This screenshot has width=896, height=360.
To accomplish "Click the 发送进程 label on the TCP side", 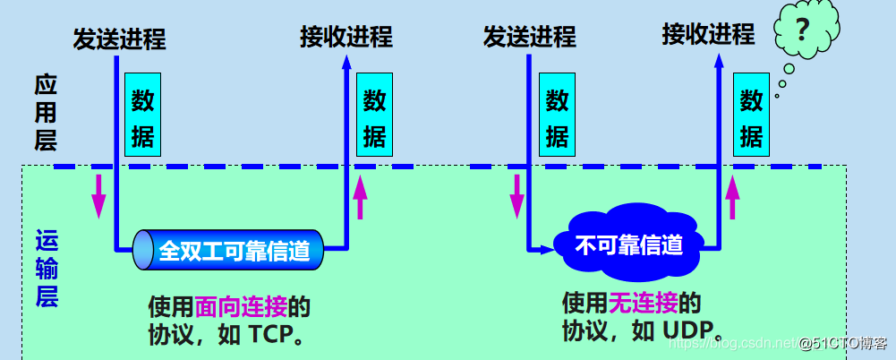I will tap(119, 39).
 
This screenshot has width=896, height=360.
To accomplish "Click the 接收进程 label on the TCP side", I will tap(346, 37).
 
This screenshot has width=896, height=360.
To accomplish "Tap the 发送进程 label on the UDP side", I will tap(529, 37).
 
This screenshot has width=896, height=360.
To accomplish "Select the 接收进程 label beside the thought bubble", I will tap(707, 35).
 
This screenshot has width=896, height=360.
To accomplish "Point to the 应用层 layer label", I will tap(45, 112).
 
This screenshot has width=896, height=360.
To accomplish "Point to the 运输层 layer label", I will tap(45, 268).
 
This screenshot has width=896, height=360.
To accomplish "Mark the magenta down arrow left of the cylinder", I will tap(98, 196).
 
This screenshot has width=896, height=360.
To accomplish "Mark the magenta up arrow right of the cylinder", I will tap(360, 196).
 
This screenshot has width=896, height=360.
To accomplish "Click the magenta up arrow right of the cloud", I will tap(733, 196).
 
